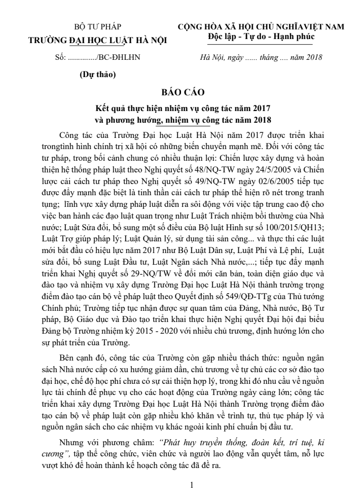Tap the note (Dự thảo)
click(x=98, y=75)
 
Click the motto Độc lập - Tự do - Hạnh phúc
click(x=261, y=37)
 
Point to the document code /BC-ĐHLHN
click(x=112, y=57)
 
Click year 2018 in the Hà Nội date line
click(x=310, y=57)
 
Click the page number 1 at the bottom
click(x=192, y=485)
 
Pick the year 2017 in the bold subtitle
click(x=256, y=108)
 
